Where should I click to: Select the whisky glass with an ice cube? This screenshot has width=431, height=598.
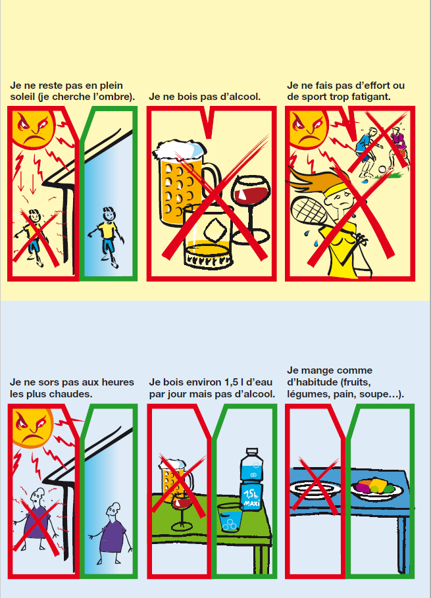coord(208,236)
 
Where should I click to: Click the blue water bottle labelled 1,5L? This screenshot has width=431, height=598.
coord(251,480)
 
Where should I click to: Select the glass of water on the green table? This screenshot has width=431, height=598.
coord(230,517)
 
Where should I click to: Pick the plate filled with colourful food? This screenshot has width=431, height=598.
coord(377,489)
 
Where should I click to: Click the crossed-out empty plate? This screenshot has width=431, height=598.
coord(315,489)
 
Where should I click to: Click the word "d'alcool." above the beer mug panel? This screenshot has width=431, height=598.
coord(240,97)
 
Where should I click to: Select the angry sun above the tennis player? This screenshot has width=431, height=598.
coord(307,129)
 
